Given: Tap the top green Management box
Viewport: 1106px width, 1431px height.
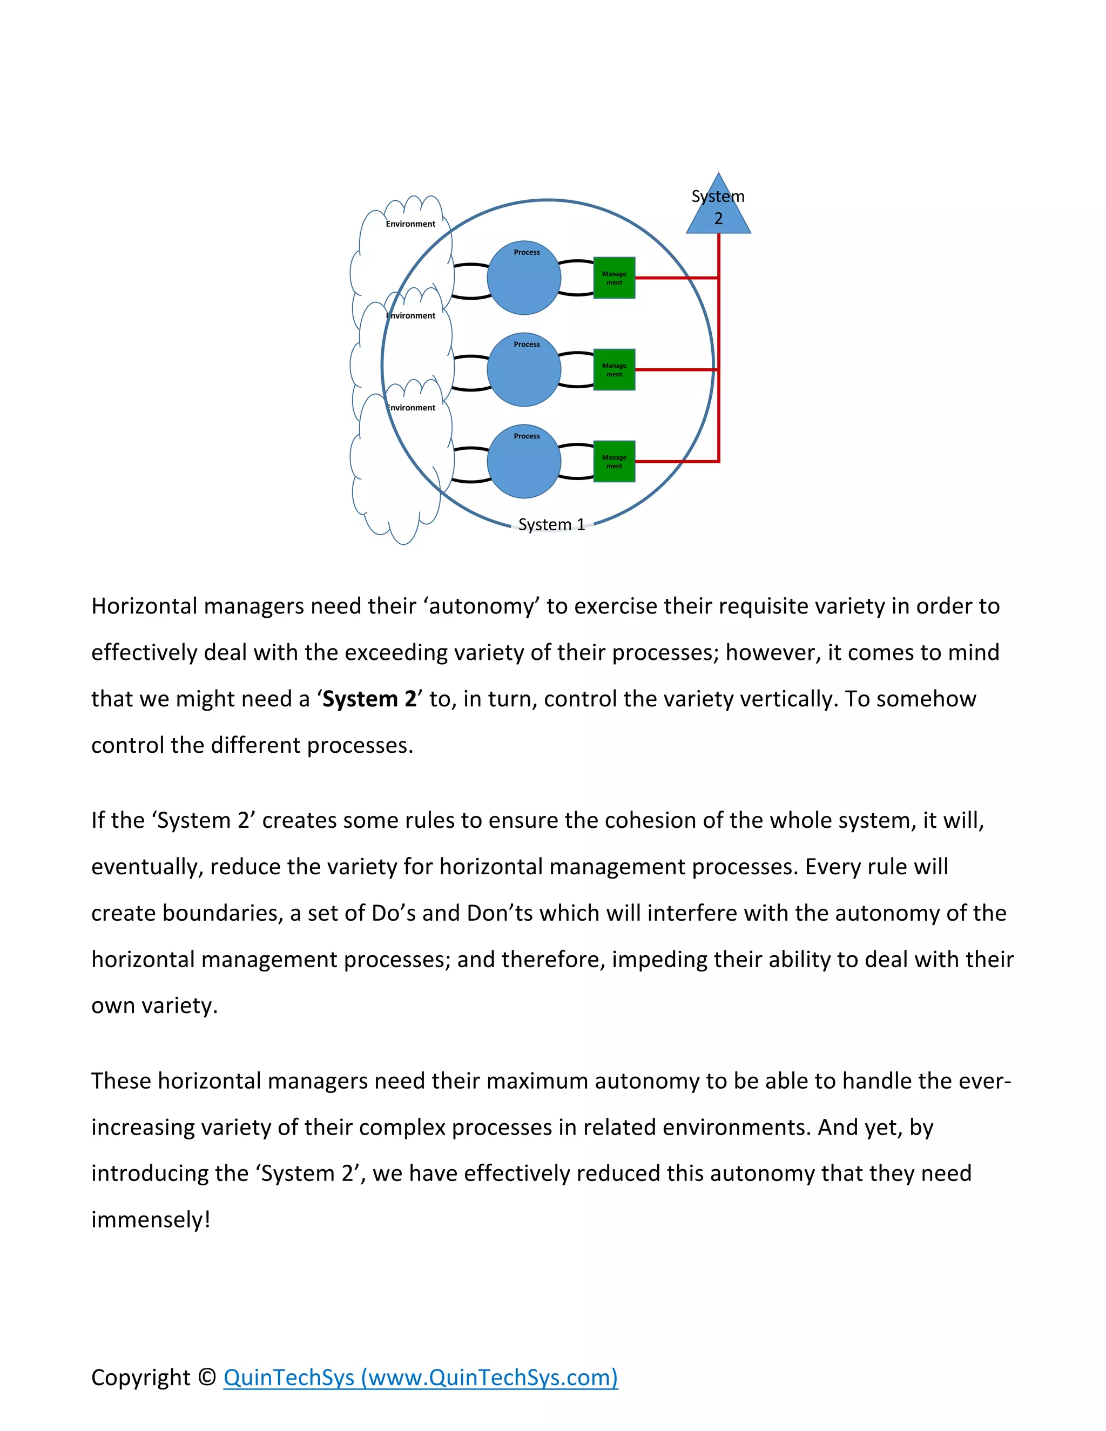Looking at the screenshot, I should coord(614,278).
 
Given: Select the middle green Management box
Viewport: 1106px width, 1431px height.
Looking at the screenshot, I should coord(614,369).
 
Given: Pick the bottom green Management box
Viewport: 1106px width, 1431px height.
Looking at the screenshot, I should coord(614,461).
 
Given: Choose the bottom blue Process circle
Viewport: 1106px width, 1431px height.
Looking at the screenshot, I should coord(523,461).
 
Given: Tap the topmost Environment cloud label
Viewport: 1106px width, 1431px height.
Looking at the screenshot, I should coord(410,224).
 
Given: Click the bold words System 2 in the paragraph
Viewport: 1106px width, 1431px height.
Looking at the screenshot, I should coord(369,699).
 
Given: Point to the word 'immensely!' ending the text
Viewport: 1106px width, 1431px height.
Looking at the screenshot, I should coord(151,1219).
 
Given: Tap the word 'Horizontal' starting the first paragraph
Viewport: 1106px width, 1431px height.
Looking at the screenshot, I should coord(144,606).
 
